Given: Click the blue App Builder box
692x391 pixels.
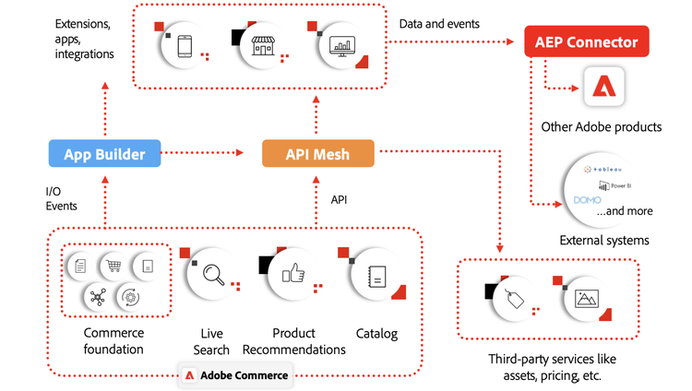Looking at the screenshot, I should click(104, 153).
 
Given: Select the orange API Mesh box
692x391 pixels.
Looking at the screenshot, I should click(317, 153).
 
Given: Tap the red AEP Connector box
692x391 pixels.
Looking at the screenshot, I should click(587, 41).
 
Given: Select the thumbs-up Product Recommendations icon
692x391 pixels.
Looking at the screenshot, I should click(293, 273).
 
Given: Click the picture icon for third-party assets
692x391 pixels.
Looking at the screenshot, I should click(587, 298).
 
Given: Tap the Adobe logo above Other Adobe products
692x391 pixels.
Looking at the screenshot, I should click(605, 88).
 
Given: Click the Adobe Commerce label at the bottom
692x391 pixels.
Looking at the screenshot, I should click(235, 375).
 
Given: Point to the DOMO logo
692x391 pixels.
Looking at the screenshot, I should click(587, 199).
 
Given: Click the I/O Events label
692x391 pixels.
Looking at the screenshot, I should click(62, 198).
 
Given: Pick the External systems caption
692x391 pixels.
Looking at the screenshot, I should click(604, 241).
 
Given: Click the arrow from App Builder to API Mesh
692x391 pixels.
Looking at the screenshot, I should click(212, 153).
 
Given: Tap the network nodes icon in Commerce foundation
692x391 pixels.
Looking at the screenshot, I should click(98, 296).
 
